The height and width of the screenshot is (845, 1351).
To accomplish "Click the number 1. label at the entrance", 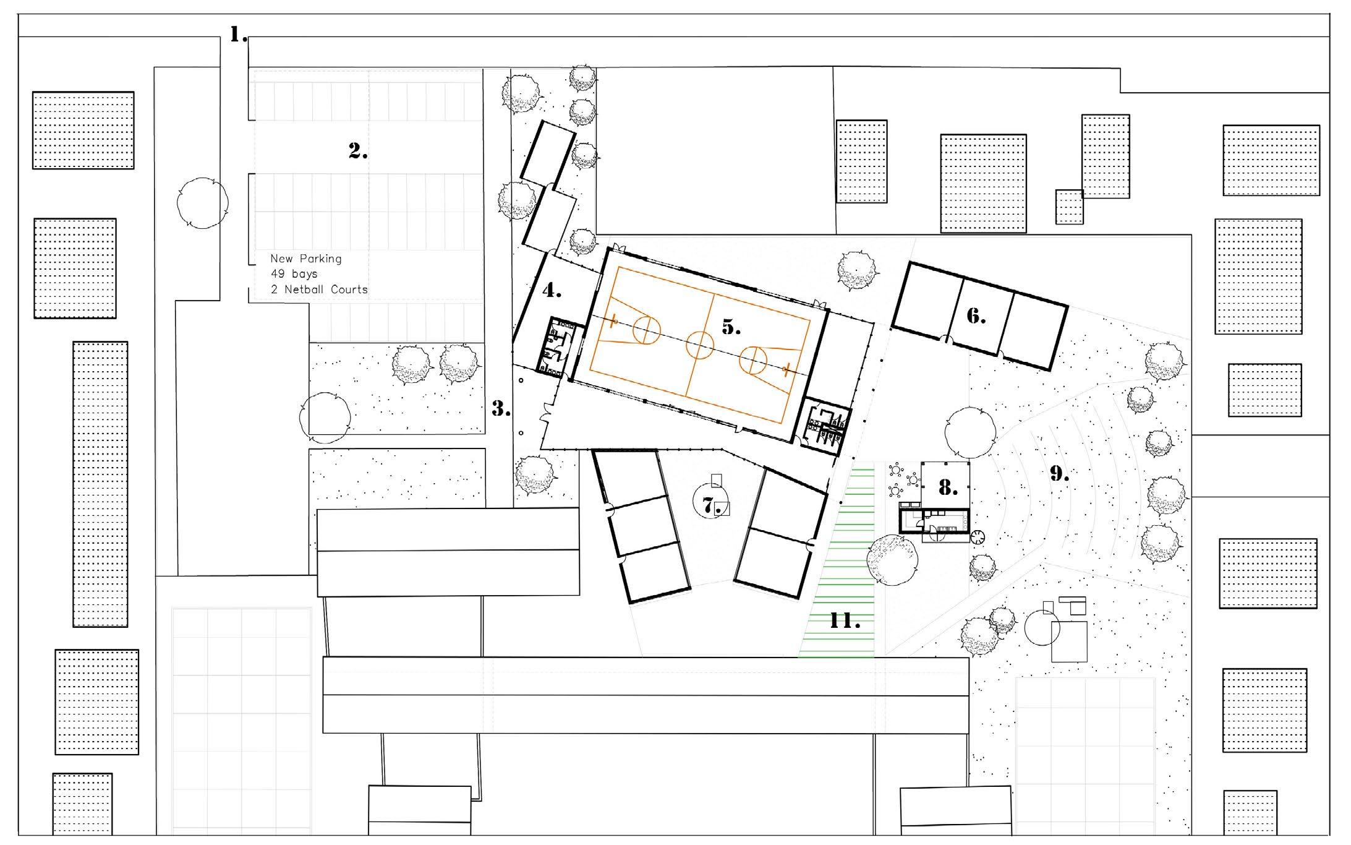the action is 239,35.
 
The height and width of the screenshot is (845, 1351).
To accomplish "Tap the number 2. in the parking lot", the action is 358,151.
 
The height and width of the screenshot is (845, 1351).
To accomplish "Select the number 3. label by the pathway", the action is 501,408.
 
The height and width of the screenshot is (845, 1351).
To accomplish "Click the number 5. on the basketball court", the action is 731,327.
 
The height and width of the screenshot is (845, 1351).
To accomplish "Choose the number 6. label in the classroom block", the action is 976,317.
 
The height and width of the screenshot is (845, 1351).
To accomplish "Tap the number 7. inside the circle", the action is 712,506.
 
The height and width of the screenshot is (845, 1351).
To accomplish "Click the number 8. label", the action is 948,488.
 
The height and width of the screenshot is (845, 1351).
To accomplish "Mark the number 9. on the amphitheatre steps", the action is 1059,474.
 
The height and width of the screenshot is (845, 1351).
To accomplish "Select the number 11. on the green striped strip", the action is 845,620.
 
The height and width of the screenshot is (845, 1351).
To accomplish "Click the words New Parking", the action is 305,259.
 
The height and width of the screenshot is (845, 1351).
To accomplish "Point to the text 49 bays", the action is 294,273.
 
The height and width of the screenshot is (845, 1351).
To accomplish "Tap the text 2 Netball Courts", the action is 319,289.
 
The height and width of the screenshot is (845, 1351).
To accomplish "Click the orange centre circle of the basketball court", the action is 700,345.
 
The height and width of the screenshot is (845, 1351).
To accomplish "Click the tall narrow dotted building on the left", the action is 100,484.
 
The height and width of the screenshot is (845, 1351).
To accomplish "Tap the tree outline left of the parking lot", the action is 203,204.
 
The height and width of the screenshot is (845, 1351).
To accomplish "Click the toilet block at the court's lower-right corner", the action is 826,425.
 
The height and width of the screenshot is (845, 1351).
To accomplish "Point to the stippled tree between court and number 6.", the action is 857,270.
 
